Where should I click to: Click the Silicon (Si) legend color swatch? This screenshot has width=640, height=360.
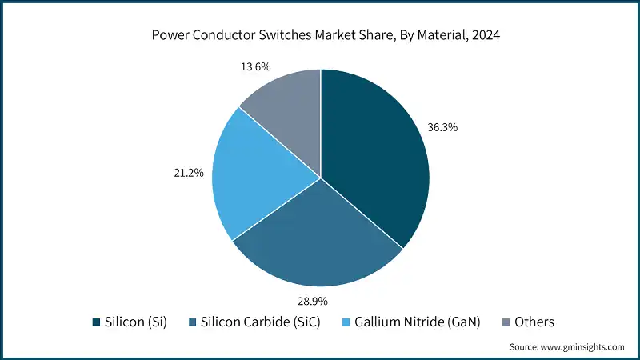98,322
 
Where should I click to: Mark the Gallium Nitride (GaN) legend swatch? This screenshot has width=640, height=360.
346,322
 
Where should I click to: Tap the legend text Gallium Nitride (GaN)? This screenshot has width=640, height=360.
420,322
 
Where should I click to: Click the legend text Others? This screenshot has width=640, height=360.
534,322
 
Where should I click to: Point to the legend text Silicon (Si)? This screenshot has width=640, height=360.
135,322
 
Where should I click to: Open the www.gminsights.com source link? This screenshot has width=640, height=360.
582,347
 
